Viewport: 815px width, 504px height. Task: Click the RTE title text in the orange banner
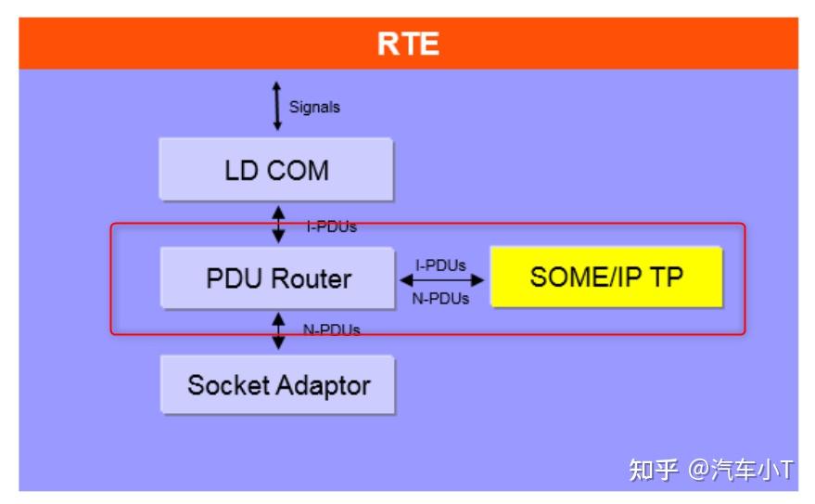(x=408, y=44)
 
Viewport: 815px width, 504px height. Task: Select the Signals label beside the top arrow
(x=314, y=107)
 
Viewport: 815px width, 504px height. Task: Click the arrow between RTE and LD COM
(x=276, y=105)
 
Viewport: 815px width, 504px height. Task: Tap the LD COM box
(x=276, y=170)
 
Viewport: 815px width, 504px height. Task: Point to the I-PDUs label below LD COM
(x=331, y=226)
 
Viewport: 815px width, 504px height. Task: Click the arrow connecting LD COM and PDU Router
(x=278, y=224)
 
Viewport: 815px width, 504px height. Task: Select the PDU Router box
(x=278, y=278)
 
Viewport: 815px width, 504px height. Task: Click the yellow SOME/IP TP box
(x=605, y=277)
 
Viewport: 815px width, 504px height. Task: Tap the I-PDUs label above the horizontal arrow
(x=440, y=265)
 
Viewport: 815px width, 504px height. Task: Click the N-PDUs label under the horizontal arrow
(x=440, y=298)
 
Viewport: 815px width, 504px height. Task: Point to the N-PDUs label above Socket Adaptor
(x=331, y=329)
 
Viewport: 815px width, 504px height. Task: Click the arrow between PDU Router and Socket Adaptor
(x=278, y=330)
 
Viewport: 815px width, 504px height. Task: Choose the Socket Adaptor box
(x=278, y=384)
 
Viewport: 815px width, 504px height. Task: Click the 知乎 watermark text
(x=654, y=470)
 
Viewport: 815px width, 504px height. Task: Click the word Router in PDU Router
(x=312, y=278)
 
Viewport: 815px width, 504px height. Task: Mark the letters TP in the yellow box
(x=666, y=277)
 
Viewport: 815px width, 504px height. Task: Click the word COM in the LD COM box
(x=298, y=171)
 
